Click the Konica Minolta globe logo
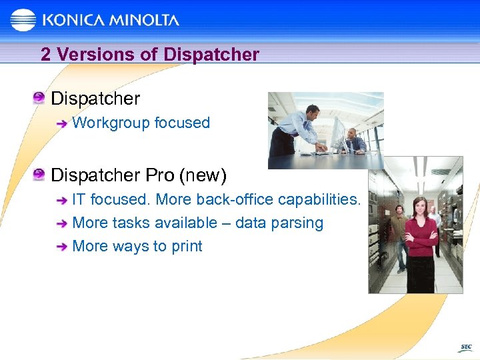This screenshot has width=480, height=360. (23, 19)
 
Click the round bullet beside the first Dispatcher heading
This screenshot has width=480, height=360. (39, 99)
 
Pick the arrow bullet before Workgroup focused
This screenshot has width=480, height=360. (61, 123)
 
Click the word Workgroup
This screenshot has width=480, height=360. (111, 123)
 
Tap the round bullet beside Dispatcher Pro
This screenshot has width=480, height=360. (39, 175)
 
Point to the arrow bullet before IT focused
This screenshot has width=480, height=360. (61, 200)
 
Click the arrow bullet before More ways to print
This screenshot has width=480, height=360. (61, 247)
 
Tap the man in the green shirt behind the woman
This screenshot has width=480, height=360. (398, 230)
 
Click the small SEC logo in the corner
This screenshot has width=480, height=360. (465, 347)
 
